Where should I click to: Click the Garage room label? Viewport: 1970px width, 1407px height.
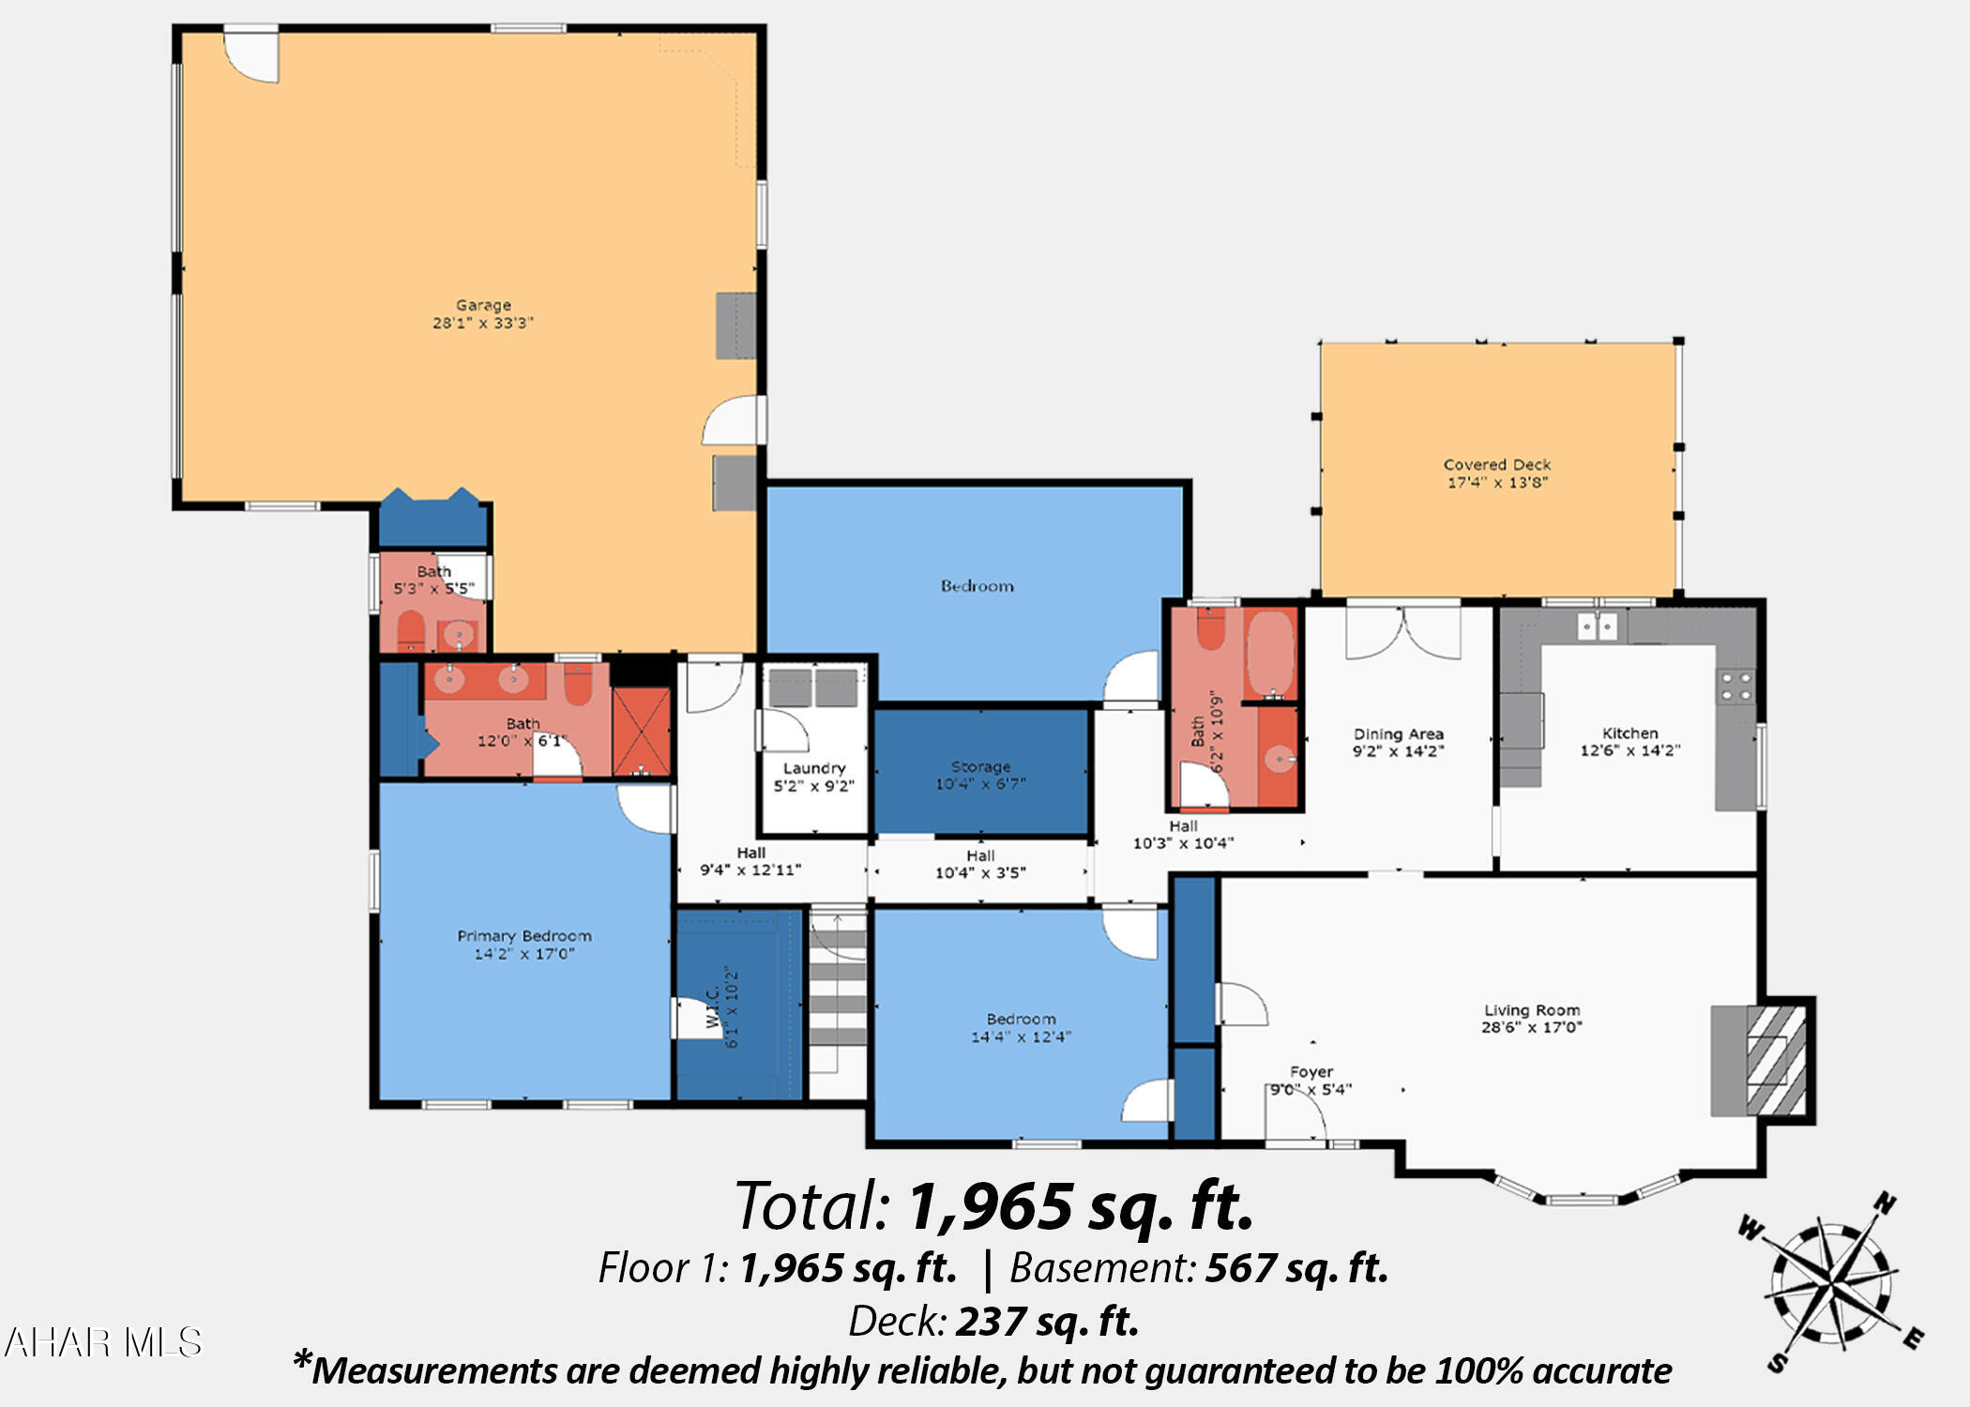(x=483, y=305)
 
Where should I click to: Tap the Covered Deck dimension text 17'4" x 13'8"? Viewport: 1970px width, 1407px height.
(x=1497, y=482)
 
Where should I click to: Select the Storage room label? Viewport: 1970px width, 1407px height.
(x=980, y=766)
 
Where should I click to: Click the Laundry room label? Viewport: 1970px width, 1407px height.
(x=813, y=768)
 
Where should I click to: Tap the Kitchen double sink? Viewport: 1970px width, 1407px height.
(x=1597, y=626)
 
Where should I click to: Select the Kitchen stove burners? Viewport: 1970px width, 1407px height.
(x=1736, y=687)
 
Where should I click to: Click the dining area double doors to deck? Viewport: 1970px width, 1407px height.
(x=1402, y=631)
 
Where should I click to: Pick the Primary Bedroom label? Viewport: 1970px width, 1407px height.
(x=524, y=936)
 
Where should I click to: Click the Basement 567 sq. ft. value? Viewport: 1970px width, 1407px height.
(x=1296, y=1268)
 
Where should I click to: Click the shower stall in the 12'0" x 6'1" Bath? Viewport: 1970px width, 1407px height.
(x=642, y=731)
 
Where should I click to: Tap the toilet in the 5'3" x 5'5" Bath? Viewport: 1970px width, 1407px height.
(x=411, y=630)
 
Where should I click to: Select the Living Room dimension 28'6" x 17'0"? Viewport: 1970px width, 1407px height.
(x=1531, y=1027)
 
